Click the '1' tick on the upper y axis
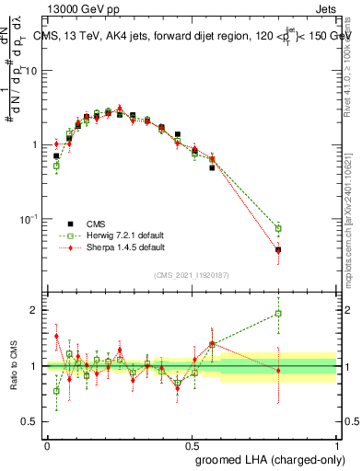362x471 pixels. [36, 145]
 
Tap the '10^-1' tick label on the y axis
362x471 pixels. [30, 219]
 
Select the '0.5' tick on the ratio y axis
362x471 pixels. [31, 422]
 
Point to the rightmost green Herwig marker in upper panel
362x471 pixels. [278, 228]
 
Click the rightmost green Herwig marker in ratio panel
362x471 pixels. [278, 314]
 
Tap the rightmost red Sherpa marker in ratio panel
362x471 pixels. [278, 370]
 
